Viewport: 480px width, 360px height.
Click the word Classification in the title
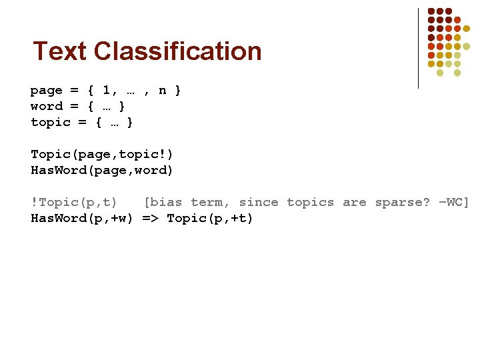coord(178,51)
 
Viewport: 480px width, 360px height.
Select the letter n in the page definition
coord(162,90)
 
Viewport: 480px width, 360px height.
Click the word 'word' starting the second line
coord(46,106)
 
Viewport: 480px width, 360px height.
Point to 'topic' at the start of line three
coord(50,122)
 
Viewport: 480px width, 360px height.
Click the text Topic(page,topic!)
coord(102,154)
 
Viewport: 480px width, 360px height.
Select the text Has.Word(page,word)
coord(102,170)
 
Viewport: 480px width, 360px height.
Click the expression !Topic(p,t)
coord(74,202)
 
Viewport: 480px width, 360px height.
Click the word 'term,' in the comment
coord(210,202)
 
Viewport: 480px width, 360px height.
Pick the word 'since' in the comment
coord(258,202)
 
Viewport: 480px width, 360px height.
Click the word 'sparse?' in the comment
coord(402,202)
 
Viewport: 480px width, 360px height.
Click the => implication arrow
coord(150,218)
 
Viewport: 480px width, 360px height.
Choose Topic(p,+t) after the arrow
coord(210,218)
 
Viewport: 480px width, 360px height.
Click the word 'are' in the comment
coord(354,202)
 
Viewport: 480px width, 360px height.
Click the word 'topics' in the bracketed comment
coord(310,202)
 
